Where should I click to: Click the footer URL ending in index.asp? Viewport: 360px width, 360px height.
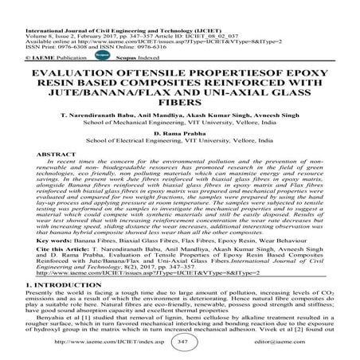tap(102, 341)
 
